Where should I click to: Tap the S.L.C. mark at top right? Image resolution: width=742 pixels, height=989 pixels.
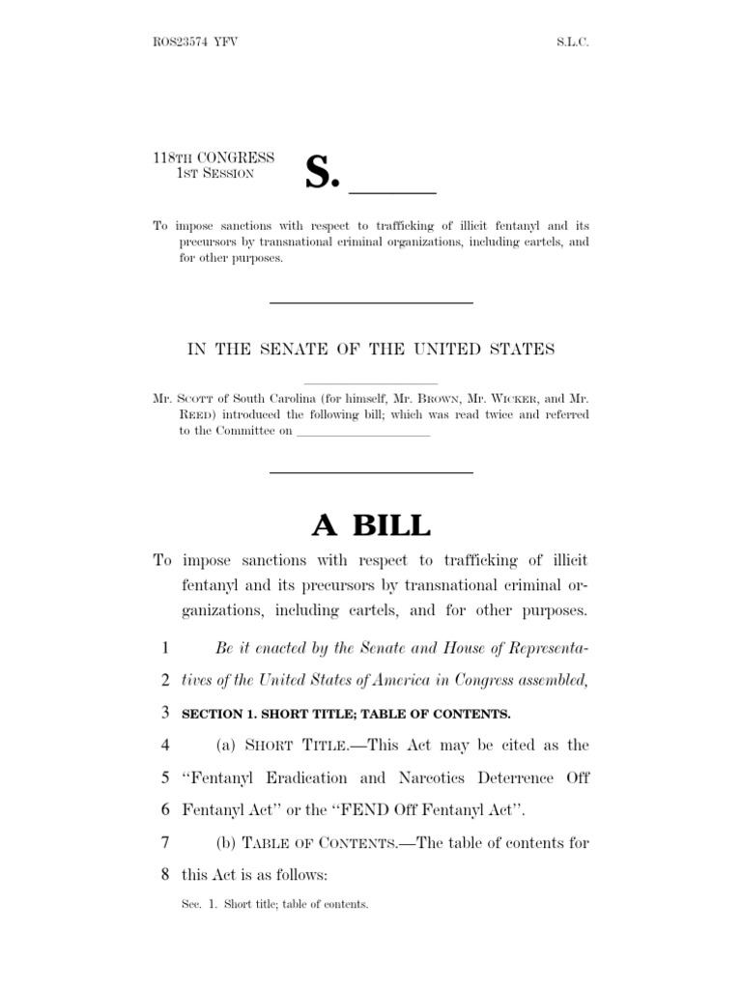[x=571, y=43]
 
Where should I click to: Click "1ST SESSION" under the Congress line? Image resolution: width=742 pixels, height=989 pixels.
[x=214, y=174]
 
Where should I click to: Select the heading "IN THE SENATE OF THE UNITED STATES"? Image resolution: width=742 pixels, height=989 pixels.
[x=371, y=349]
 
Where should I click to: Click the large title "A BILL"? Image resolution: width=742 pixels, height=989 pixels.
[x=371, y=524]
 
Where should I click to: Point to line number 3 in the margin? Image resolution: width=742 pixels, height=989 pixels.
[x=165, y=714]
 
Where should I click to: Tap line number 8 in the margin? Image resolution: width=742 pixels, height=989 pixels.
[x=165, y=874]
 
